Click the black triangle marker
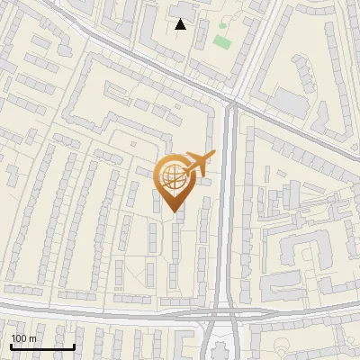(x=181, y=24)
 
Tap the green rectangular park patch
(x=221, y=41)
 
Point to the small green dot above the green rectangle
(x=222, y=25)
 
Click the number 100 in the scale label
(x=19, y=337)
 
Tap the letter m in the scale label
(x=31, y=337)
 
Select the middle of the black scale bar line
(x=42, y=346)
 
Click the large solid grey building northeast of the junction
(x=289, y=101)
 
